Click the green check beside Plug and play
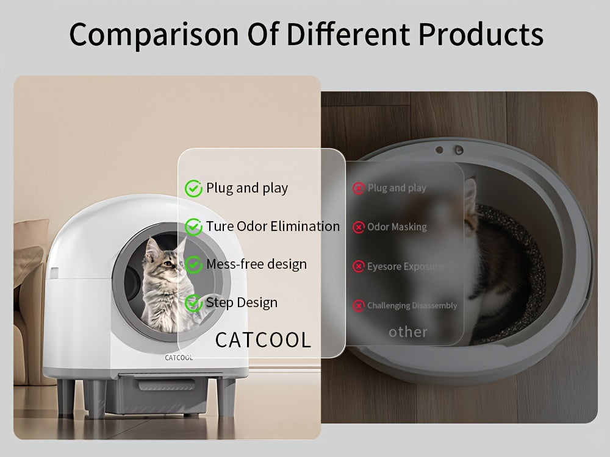pos(193,189)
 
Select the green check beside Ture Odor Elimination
pos(193,227)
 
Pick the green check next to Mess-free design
pos(193,265)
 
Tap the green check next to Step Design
pos(193,303)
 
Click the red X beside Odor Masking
pos(358,227)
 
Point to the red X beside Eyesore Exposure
pos(358,267)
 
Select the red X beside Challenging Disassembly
pos(358,306)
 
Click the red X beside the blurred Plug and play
pos(358,189)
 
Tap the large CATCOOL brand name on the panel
pos(263,339)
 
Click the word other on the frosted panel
pos(408,332)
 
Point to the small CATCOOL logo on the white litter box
pos(179,358)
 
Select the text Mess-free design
pos(256,264)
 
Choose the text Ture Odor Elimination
pos(273,227)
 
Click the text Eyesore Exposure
pos(405,267)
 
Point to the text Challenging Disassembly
pos(412,306)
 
